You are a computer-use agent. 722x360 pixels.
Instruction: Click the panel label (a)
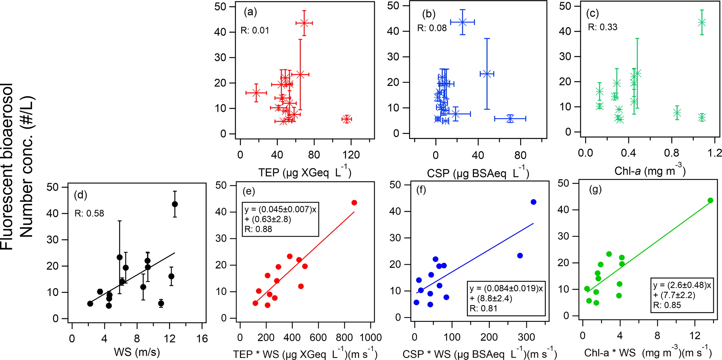(250, 12)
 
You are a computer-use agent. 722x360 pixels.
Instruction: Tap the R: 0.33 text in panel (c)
(603, 27)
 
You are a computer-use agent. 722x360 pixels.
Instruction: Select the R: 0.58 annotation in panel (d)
(89, 213)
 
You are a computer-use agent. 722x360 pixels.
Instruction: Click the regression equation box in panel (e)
(280, 219)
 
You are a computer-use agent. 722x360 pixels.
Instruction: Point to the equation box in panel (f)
(506, 298)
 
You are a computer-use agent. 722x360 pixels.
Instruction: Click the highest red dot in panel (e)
(354, 203)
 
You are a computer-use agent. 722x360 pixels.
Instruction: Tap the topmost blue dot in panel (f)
(533, 202)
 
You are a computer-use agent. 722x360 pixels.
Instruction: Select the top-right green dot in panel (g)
(710, 200)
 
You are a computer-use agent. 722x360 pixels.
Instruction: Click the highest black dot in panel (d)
(175, 204)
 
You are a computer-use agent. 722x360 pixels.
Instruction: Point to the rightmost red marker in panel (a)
(346, 119)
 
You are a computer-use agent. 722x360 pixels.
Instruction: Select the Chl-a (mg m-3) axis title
(650, 170)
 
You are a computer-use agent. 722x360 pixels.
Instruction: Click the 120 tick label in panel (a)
(351, 155)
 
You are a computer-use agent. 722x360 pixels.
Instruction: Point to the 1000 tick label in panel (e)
(370, 338)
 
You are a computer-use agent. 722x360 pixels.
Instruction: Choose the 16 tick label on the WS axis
(202, 338)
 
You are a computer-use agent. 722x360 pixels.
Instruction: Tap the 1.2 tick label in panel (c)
(715, 153)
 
